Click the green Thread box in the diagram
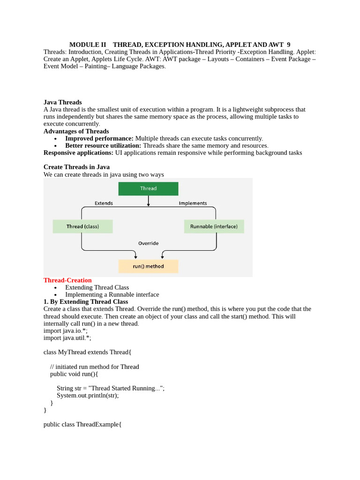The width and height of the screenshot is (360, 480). [x=148, y=188]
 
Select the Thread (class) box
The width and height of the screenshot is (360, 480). [x=82, y=226]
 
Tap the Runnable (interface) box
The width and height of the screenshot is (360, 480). [x=214, y=226]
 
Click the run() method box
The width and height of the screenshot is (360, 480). [x=148, y=266]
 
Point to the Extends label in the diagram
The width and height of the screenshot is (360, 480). [x=104, y=203]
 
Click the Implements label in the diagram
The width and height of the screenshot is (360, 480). [x=193, y=203]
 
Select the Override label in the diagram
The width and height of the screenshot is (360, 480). [x=148, y=243]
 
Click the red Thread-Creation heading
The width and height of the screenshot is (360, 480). [x=67, y=280]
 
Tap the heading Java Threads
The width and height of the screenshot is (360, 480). [x=62, y=102]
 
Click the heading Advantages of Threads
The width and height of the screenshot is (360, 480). [x=76, y=131]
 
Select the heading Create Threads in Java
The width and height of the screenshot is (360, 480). [x=76, y=167]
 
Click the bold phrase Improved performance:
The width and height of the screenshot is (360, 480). [x=99, y=138]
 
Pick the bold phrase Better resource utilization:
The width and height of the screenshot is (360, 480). [x=103, y=146]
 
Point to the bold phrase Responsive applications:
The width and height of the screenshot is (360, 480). [x=78, y=153]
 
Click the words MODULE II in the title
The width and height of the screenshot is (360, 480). [x=88, y=45]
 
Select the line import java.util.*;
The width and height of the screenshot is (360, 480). [x=67, y=337]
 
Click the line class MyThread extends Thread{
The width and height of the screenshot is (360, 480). [x=87, y=352]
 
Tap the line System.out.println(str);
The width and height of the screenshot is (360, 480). [x=88, y=395]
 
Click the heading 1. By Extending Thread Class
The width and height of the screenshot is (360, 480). [x=86, y=302]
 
